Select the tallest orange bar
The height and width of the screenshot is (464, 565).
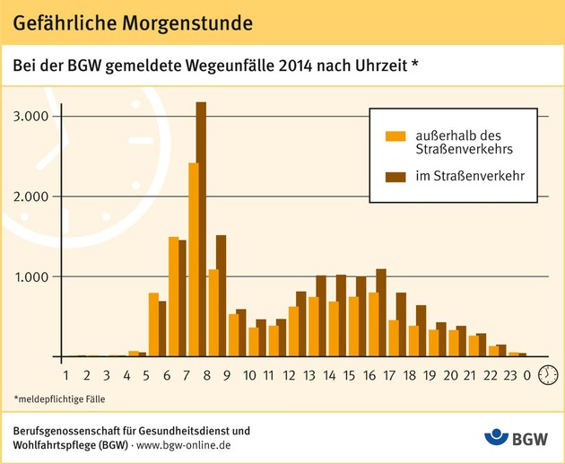click(193, 260)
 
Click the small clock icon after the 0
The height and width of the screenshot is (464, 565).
click(547, 376)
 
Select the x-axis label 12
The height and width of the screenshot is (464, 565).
click(290, 376)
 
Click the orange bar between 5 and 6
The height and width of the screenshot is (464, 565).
click(153, 325)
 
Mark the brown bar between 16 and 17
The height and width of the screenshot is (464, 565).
click(381, 312)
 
